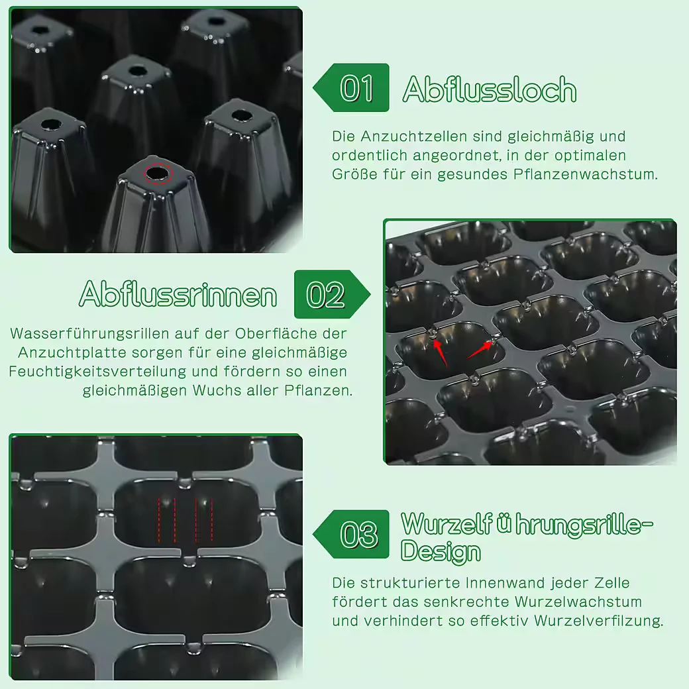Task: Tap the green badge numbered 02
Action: [332, 294]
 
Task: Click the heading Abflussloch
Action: [490, 89]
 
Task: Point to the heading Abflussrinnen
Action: [178, 294]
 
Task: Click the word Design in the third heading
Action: [441, 551]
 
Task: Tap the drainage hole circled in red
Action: [158, 174]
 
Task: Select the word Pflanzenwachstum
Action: [585, 174]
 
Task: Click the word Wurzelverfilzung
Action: [598, 621]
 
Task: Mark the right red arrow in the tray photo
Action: [480, 350]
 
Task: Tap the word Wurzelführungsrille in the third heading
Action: [527, 524]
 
